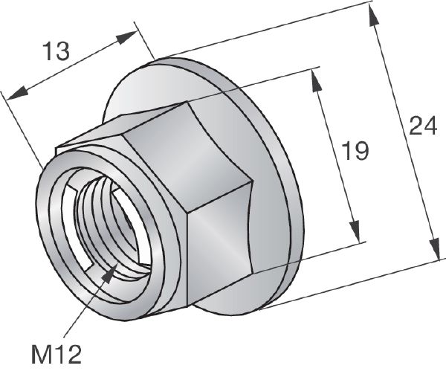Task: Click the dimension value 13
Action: point(55,53)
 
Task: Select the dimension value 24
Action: point(422,128)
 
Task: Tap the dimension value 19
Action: point(355,152)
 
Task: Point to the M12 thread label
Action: point(56,352)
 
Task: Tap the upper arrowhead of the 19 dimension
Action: point(319,86)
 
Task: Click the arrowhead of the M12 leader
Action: point(111,274)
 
